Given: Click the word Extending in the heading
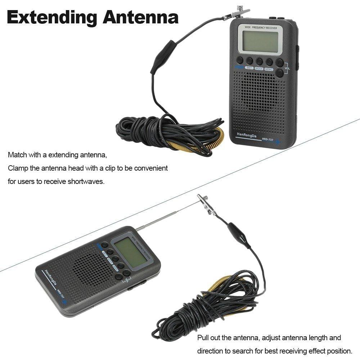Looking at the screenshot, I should pyautogui.click(x=53, y=17).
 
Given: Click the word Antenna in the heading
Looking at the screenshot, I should pyautogui.click(x=140, y=17).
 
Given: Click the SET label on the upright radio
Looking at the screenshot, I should pyautogui.click(x=249, y=68).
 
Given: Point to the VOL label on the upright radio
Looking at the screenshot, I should pyautogui.click(x=287, y=68).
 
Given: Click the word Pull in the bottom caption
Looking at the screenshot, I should pyautogui.click(x=203, y=338).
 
